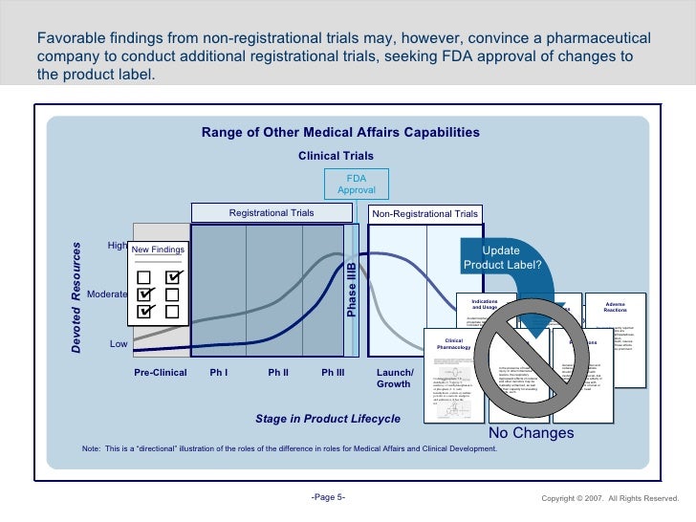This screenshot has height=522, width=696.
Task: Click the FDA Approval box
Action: pos(356,184)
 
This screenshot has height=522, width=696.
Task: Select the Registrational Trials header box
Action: pos(271,213)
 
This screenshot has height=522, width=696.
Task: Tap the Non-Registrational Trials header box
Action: pos(424,214)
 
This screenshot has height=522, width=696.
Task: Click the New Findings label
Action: pos(158,250)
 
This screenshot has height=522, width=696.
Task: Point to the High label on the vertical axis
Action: pos(118,246)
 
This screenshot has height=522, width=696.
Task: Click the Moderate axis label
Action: pos(107,294)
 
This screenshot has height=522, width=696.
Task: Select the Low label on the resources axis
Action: pos(119,343)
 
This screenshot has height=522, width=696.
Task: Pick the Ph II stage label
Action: pos(278,372)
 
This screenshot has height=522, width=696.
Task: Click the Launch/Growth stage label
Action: pos(393,378)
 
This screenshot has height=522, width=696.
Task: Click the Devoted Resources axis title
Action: pos(76,296)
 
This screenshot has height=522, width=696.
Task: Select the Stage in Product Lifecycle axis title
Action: pos(328,419)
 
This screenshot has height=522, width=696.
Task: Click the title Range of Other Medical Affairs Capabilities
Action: pos(340,133)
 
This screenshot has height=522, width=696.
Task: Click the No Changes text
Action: pos(531,433)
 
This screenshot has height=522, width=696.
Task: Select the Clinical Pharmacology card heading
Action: pos(454,344)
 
